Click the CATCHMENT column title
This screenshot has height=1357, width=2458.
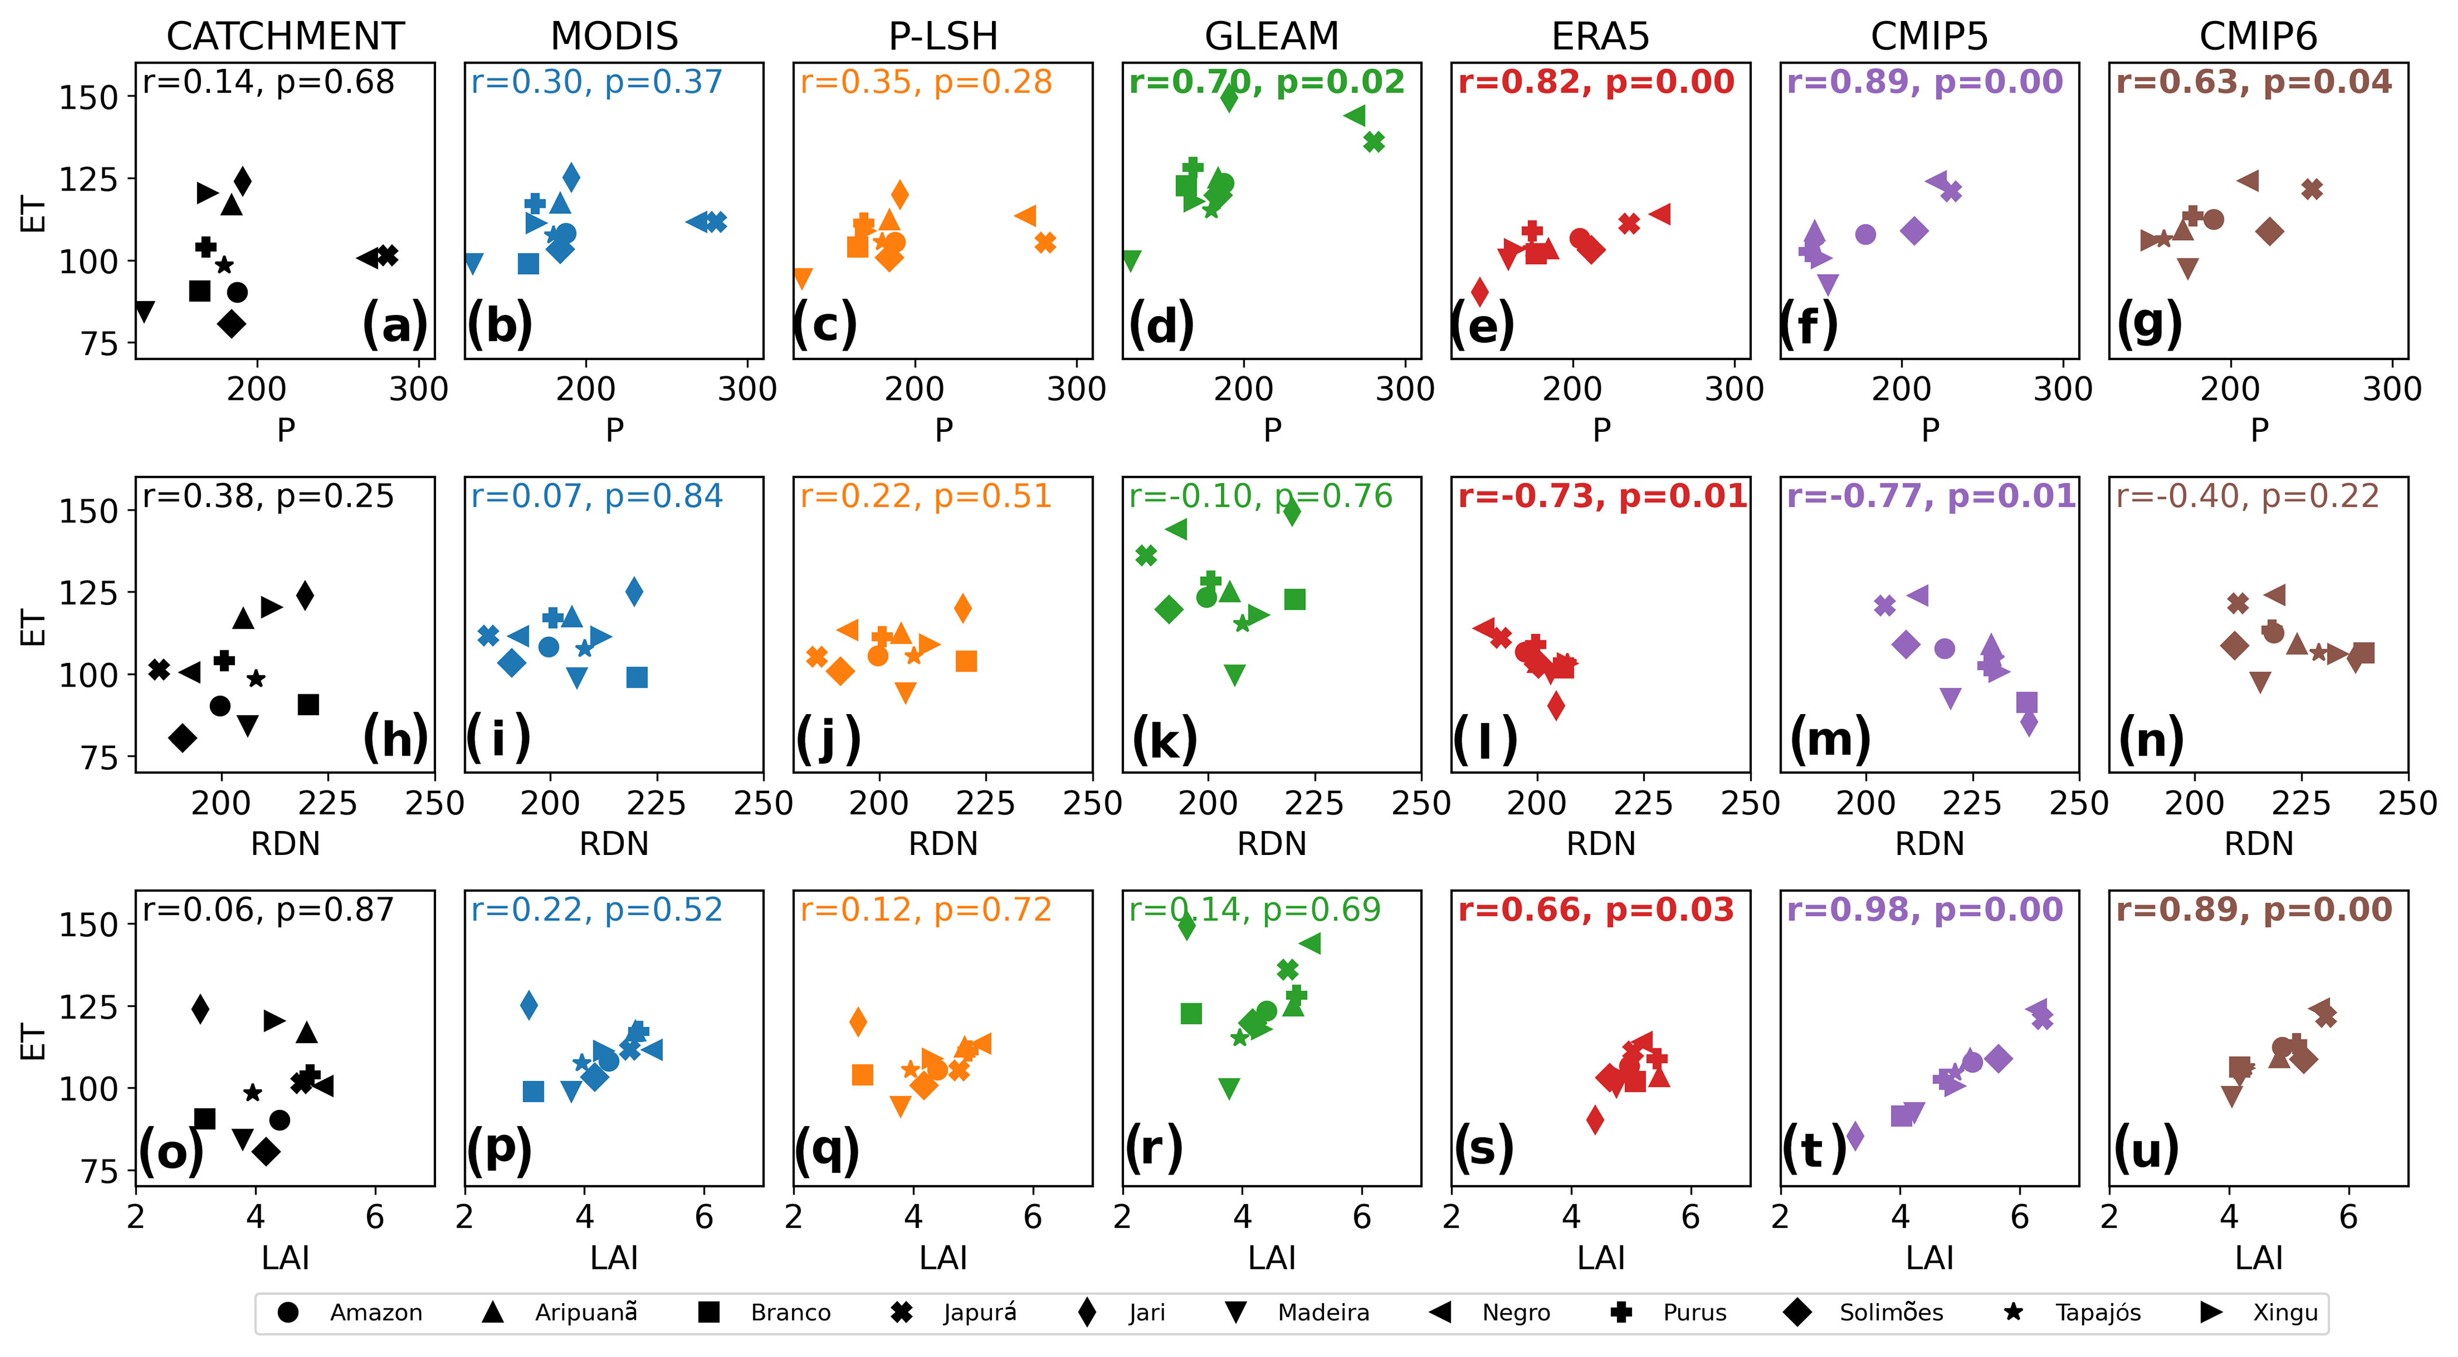pos(285,36)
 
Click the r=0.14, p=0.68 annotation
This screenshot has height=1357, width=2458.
pos(268,82)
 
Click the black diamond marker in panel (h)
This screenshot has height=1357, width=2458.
pos(182,738)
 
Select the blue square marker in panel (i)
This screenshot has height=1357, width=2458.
pos(637,677)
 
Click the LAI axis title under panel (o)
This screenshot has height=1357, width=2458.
pos(285,1258)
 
